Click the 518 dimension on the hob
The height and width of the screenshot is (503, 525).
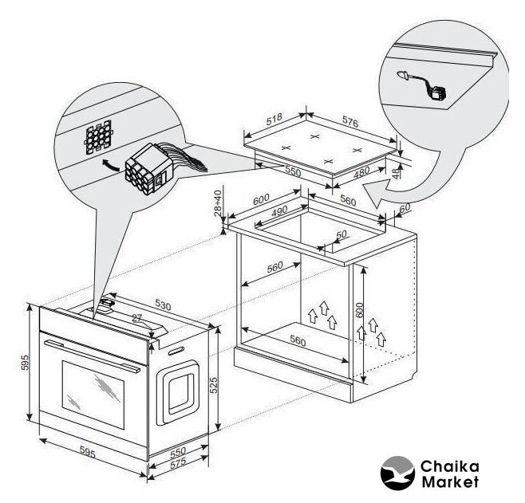[274, 119]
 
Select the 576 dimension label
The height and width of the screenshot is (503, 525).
[350, 123]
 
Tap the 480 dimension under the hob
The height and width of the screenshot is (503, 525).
[362, 172]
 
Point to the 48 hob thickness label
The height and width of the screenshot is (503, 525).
[396, 172]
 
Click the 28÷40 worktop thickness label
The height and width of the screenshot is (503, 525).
[218, 203]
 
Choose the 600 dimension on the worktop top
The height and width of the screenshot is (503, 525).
[261, 199]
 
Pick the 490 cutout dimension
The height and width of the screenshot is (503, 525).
[279, 211]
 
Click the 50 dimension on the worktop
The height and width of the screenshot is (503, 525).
[341, 235]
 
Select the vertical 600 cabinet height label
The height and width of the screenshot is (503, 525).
[359, 310]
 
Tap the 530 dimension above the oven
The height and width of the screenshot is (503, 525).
[163, 305]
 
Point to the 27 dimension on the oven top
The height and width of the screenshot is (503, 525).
[137, 318]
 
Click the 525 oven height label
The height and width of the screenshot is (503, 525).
[214, 385]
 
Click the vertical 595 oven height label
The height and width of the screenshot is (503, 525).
[25, 363]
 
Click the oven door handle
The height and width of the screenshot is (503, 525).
[93, 356]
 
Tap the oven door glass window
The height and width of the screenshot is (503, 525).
[93, 395]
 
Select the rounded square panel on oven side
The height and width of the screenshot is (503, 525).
[178, 393]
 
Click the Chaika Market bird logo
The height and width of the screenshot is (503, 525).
[397, 473]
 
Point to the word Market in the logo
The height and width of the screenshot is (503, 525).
[450, 482]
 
